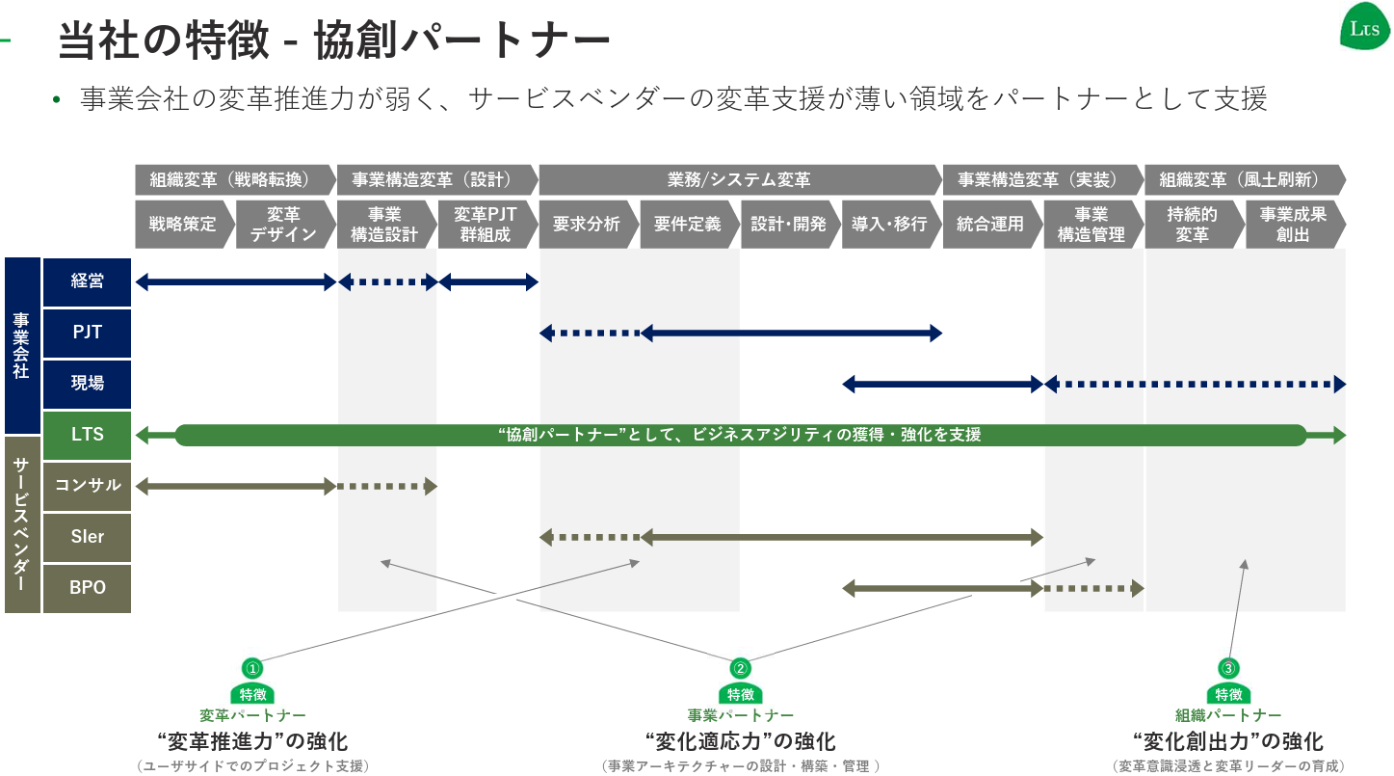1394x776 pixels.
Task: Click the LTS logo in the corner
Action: pos(1364,28)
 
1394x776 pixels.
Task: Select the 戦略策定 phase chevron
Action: pos(183,224)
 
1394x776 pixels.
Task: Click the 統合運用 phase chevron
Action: pos(989,224)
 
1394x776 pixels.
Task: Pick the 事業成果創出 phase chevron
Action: pos(1293,224)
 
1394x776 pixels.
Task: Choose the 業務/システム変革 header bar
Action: pos(739,179)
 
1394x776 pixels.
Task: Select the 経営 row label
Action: pos(87,281)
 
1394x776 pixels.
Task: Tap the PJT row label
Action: pos(87,333)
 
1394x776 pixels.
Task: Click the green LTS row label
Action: pos(87,434)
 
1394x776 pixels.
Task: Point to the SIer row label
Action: pos(87,536)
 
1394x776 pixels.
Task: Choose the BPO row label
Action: pos(87,587)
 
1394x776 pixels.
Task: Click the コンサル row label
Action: pos(87,485)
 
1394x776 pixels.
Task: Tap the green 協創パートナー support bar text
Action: pos(740,435)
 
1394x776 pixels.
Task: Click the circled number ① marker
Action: pos(252,668)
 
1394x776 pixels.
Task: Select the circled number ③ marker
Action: pos(1227,668)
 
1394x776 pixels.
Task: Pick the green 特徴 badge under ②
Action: pos(740,694)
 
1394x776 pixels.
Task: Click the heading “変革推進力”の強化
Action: pos(252,741)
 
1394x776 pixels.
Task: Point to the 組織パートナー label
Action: pos(1227,715)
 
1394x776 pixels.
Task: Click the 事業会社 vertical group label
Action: pos(21,344)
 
